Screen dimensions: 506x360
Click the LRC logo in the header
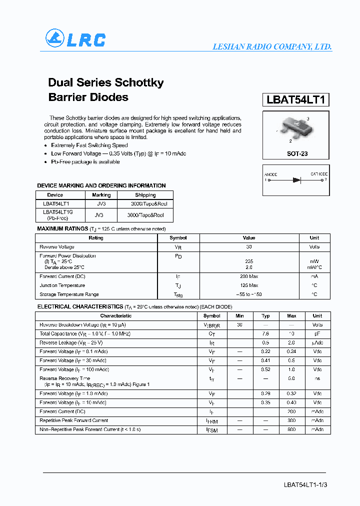(75, 38)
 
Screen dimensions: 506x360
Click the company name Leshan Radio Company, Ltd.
(272, 46)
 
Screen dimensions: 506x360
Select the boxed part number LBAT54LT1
(295, 99)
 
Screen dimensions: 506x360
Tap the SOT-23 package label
(297, 154)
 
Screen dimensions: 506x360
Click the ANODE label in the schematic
(271, 174)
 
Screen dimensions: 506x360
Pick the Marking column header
(101, 195)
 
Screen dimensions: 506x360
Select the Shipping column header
(145, 195)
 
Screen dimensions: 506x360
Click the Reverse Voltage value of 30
(249, 247)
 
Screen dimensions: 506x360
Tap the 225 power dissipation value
(249, 261)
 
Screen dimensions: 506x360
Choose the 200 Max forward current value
(249, 276)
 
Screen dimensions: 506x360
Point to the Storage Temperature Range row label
(69, 294)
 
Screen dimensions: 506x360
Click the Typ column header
(265, 316)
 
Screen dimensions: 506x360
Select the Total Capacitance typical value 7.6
(265, 333)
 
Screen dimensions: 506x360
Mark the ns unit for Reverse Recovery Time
(317, 379)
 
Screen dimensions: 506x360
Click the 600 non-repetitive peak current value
(291, 429)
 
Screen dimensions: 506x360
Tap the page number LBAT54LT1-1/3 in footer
(305, 485)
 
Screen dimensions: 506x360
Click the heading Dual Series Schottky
(106, 82)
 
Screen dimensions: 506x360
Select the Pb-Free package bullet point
(85, 162)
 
